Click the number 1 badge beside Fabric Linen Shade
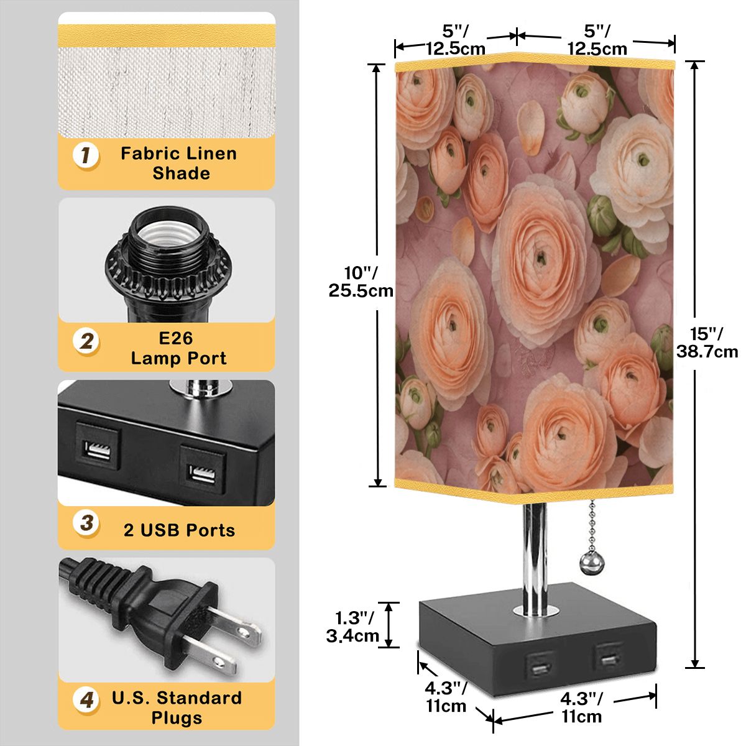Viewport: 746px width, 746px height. click(x=86, y=155)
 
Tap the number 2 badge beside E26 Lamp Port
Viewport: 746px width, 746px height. click(x=86, y=341)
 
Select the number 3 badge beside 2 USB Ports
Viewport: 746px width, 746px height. click(x=86, y=523)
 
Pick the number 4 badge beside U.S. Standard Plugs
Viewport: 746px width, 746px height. click(x=86, y=699)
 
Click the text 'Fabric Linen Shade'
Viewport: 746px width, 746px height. click(x=178, y=163)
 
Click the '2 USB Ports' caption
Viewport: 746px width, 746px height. click(x=179, y=530)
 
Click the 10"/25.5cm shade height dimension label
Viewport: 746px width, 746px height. click(x=361, y=282)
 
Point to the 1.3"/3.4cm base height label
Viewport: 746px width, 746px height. click(x=352, y=627)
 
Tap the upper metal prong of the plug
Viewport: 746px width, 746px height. click(x=234, y=629)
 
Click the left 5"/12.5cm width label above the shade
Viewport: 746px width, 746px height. click(x=456, y=40)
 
